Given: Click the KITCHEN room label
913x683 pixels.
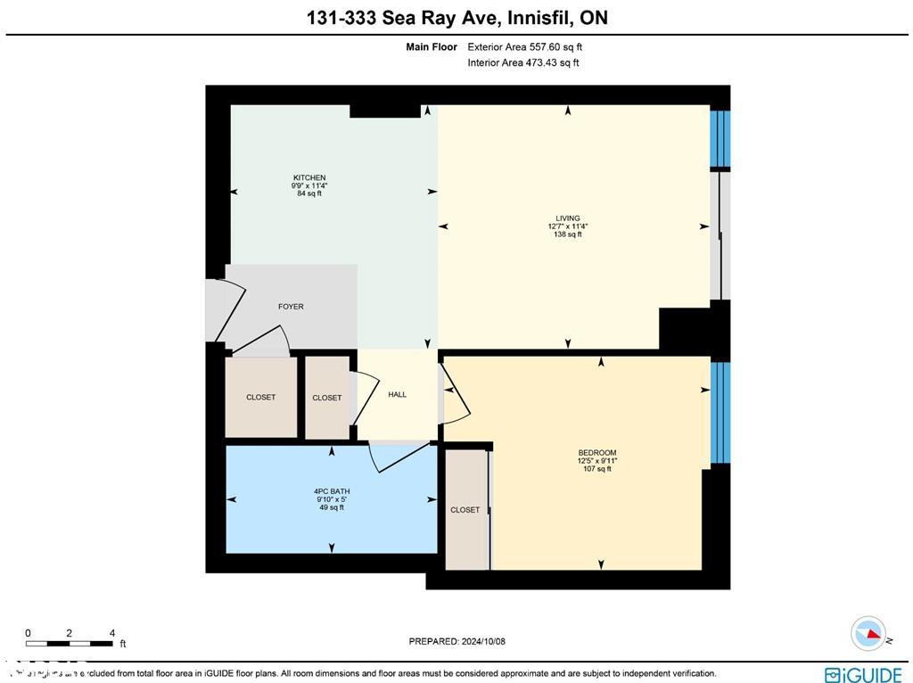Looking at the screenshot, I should coord(309,177).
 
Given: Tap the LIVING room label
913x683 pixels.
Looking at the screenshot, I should coord(568,218).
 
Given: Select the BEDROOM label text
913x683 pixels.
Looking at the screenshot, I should coord(596,453).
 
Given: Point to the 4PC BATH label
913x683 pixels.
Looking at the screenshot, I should coord(332,491).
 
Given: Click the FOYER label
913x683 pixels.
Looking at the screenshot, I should coord(291,307).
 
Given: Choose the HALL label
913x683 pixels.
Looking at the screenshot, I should coord(398,394).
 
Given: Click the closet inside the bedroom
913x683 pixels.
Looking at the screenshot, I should coord(465,510).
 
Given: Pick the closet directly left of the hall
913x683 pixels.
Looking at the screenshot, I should coord(327,398).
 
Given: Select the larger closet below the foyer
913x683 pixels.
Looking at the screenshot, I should coord(261,397).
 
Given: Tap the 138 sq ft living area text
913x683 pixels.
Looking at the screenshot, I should coord(568,235).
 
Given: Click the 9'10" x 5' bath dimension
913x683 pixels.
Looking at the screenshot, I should coord(332,499).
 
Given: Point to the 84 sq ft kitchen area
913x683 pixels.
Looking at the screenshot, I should coord(309,193).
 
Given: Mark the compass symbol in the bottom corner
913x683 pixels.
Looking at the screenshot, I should coord(868,634).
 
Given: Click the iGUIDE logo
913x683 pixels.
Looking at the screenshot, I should coord(862,674).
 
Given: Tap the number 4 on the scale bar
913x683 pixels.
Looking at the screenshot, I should coord(111,632).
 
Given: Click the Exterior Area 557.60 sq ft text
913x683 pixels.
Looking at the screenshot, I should coord(524,47).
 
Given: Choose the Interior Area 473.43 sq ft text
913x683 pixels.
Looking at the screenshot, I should coord(522,63).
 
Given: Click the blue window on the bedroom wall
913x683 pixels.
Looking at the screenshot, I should coord(720,413).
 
